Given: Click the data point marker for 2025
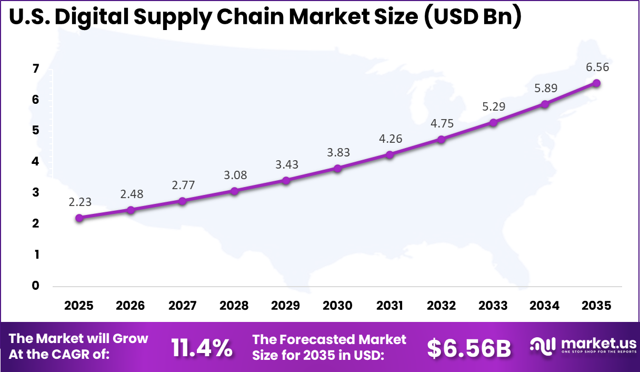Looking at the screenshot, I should coord(79,218).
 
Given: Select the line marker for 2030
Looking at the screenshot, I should coord(337,168).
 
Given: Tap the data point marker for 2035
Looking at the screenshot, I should coord(596,83).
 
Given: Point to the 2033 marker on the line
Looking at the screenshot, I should coord(493,122).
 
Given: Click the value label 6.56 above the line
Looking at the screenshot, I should coord(596,67).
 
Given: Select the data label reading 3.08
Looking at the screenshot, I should coord(234,175).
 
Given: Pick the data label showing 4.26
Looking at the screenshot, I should coord(389,139).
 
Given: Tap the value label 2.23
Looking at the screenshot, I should coord(79,202).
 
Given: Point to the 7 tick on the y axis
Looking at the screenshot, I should coord(35,68).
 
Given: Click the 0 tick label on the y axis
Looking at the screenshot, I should coord(35,286).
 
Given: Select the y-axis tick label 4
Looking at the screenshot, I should coord(35,162).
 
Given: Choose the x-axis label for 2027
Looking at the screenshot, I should coord(183,306).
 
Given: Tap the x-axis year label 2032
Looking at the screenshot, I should coord(441,306).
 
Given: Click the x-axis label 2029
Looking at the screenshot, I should coord(286,306).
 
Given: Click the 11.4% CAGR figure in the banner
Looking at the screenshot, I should coord(202,347).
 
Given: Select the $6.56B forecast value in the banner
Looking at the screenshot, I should coord(468,347).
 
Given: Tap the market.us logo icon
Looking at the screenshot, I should coord(543,346).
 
